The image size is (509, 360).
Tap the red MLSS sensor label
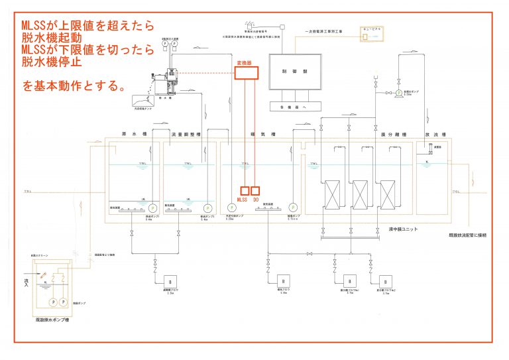[x=243, y=199]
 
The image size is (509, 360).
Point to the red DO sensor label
[x=256, y=199]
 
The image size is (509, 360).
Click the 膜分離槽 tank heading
[x=361, y=135]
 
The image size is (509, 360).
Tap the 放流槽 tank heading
[x=431, y=135]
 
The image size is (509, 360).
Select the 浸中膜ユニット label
[x=403, y=229]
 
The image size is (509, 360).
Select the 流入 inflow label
[x=27, y=282]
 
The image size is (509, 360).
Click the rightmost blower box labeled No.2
[x=384, y=279]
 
